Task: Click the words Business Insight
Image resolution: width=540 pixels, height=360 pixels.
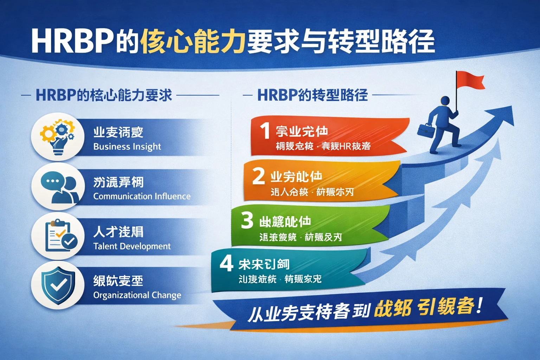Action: (127, 147)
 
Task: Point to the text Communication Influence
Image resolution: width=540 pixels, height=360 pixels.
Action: (142, 196)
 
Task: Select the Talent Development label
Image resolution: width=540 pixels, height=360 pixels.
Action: (132, 246)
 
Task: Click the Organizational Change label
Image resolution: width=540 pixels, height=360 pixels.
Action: (137, 295)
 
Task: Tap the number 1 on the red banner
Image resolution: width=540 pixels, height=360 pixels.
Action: (265, 131)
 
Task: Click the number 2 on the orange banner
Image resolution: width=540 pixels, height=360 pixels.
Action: (258, 176)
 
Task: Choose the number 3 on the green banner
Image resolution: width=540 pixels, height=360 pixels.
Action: (247, 220)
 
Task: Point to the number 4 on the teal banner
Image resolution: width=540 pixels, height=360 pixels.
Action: (226, 263)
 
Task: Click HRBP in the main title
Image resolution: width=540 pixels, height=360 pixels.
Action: (72, 41)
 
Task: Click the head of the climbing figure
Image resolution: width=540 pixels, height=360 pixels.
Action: (445, 101)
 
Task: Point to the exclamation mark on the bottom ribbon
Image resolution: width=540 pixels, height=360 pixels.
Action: (479, 305)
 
